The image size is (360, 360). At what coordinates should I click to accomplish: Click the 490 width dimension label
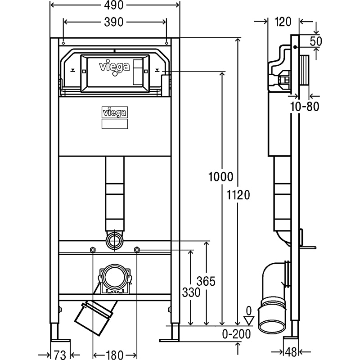coord(113,5)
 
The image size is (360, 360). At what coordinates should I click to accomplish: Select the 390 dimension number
coord(114,22)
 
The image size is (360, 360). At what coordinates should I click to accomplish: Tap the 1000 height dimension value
coord(220,177)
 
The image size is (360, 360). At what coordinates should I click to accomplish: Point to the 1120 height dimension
coord(238,195)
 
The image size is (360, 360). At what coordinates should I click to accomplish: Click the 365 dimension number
coord(206,281)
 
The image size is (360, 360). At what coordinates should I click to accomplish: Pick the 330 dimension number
coord(191,292)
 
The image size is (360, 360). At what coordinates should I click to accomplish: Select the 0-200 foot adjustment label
coord(237,334)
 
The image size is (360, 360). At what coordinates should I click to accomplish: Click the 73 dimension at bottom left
coord(60,355)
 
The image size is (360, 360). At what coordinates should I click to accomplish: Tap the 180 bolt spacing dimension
coord(115,355)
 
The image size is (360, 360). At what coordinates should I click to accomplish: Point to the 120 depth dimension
coord(283,22)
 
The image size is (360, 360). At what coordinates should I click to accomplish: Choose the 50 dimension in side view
coord(316,41)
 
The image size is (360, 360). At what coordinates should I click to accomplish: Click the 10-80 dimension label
coord(305,107)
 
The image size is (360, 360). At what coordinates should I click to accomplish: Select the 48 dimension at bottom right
coord(291,352)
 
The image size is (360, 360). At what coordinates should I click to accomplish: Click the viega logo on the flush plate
coord(114,67)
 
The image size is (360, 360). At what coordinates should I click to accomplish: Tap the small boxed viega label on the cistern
coord(115,113)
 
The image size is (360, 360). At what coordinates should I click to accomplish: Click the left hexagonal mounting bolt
coord(92,250)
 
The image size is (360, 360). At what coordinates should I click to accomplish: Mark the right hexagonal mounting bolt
coord(137,249)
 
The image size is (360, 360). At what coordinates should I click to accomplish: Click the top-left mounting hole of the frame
coord(63,43)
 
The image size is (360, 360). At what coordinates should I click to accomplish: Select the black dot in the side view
coord(295,48)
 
